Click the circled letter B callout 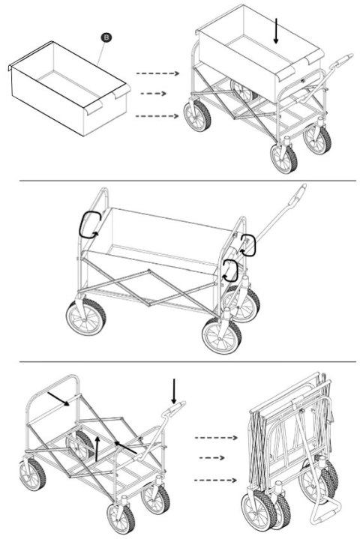[x=106, y=37]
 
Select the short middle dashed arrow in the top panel [x=153, y=94]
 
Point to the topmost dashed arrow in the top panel [x=157, y=73]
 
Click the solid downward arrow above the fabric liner [x=276, y=31]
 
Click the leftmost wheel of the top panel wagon [x=197, y=116]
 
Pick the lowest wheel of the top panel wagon [x=283, y=158]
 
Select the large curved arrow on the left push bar [x=89, y=225]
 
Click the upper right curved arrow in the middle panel [x=248, y=245]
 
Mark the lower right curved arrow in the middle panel [x=230, y=271]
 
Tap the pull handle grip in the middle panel [x=298, y=194]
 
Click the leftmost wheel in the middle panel [x=86, y=317]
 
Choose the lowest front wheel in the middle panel [x=222, y=336]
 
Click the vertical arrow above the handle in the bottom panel [x=174, y=391]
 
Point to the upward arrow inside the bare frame [x=97, y=448]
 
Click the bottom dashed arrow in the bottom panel [x=215, y=481]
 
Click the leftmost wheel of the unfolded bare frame [x=32, y=474]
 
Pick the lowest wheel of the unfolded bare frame [x=121, y=518]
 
